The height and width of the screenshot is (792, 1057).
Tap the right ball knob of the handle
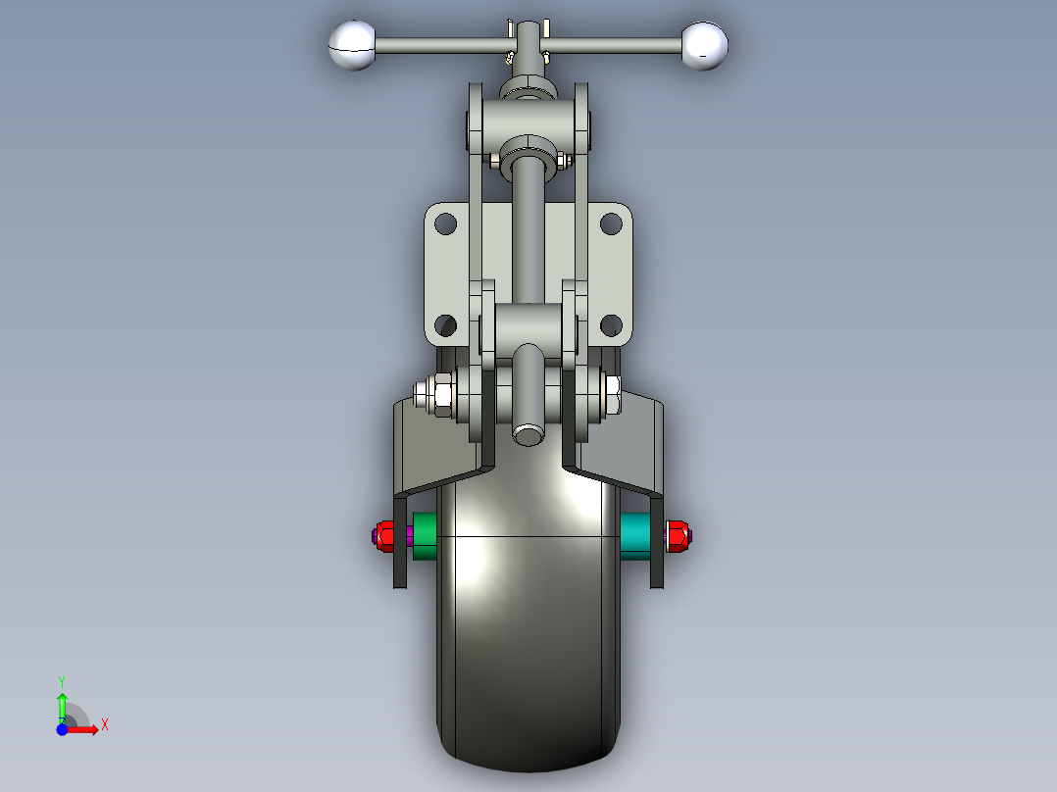click(705, 45)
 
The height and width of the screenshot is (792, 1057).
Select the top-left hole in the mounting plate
click(445, 223)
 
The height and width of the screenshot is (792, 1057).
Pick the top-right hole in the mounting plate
click(611, 223)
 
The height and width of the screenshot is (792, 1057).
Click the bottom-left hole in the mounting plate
click(445, 324)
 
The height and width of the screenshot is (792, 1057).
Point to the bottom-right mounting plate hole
click(611, 324)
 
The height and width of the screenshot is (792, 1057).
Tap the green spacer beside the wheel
click(425, 535)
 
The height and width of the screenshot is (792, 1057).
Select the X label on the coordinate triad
click(104, 724)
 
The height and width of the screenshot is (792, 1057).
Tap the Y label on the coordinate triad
click(61, 680)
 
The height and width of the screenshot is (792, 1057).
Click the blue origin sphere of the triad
click(62, 729)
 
